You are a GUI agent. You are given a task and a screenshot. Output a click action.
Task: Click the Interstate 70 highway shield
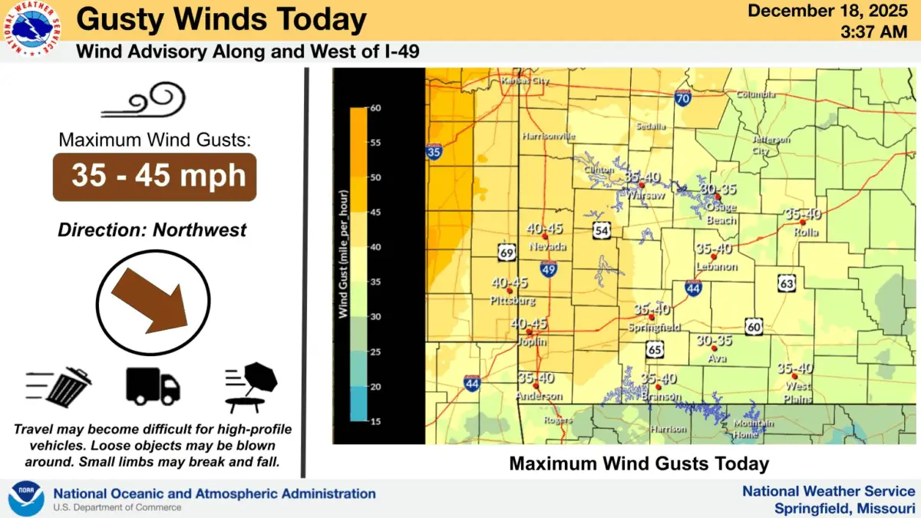click(682, 97)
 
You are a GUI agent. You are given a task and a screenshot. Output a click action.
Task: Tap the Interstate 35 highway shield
click(434, 152)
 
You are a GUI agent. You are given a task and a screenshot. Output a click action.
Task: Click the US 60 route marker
click(754, 327)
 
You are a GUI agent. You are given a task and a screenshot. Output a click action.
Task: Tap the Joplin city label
click(530, 341)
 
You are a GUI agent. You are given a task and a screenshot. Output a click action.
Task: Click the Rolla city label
click(806, 233)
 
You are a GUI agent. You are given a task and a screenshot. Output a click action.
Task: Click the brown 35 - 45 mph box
click(153, 177)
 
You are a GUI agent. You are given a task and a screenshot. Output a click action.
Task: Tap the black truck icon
click(153, 386)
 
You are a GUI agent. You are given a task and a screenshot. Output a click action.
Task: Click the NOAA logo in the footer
click(25, 498)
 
